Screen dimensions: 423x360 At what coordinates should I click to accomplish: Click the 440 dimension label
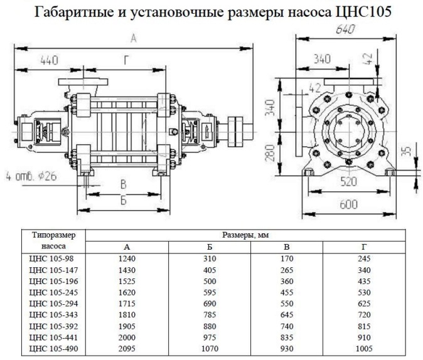click(49, 60)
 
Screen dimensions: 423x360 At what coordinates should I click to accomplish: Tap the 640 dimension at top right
click(345, 29)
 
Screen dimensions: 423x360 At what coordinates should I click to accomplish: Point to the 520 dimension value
click(348, 182)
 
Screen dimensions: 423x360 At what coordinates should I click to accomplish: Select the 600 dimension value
click(348, 204)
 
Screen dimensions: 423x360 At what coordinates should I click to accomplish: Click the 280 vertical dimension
click(270, 152)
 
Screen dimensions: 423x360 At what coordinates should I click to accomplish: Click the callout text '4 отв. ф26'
click(31, 177)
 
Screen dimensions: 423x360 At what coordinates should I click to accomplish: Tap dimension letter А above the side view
click(134, 38)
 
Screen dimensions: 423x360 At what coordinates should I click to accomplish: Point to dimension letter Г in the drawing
click(126, 60)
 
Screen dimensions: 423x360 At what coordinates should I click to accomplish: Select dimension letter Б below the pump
click(123, 201)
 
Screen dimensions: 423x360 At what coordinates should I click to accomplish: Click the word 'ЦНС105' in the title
click(363, 11)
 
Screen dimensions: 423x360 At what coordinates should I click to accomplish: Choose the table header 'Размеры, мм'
click(245, 235)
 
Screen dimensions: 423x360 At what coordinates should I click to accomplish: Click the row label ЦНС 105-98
click(51, 258)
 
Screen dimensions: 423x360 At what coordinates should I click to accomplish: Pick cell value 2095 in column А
click(127, 349)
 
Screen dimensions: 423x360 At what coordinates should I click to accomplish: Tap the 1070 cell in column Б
click(210, 349)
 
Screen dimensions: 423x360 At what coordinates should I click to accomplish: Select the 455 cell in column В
click(286, 292)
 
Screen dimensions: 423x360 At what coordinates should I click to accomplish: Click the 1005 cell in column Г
click(364, 349)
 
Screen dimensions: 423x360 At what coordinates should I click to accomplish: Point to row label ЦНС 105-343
click(53, 315)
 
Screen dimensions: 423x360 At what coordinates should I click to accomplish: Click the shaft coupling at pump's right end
click(235, 132)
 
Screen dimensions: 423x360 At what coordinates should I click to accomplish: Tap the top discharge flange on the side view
click(83, 82)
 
